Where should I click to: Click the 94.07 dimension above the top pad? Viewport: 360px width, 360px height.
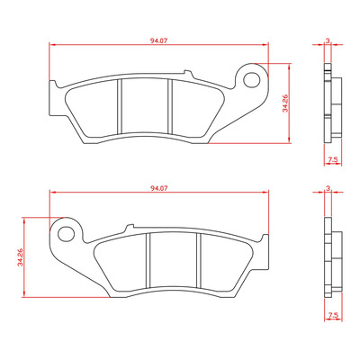click(x=158, y=41)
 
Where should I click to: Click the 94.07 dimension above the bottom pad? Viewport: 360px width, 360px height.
click(x=158, y=188)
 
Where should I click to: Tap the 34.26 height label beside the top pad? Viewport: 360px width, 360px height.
click(x=285, y=103)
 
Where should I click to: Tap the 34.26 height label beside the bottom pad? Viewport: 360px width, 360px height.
click(x=20, y=257)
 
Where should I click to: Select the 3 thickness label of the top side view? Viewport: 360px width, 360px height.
click(x=328, y=40)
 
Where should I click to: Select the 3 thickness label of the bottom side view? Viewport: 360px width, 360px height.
click(x=328, y=188)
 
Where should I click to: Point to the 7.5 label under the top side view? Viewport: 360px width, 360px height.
click(x=333, y=160)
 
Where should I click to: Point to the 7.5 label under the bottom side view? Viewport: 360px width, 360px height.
click(x=333, y=315)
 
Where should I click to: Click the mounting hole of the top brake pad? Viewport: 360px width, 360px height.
click(x=251, y=80)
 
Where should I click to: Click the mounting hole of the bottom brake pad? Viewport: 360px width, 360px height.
click(x=67, y=234)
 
